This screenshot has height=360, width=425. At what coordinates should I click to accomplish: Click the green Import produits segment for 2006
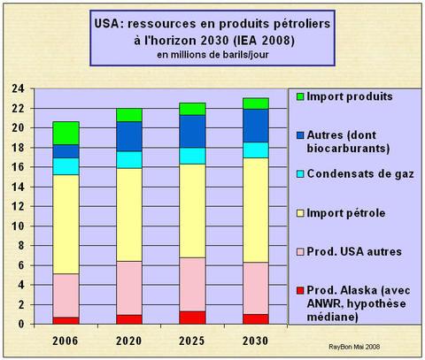click(x=66, y=134)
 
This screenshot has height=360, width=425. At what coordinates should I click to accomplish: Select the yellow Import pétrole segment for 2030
click(x=256, y=211)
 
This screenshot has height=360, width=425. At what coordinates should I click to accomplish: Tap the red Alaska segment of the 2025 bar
click(x=192, y=318)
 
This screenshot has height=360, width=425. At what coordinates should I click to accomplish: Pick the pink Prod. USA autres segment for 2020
click(x=129, y=288)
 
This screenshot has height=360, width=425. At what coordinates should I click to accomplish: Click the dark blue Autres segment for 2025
click(x=192, y=132)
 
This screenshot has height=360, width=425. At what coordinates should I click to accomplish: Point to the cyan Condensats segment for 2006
click(x=66, y=166)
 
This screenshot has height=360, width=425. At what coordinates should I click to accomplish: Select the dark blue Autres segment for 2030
click(x=256, y=126)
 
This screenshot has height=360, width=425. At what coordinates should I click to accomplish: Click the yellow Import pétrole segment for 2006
click(x=66, y=225)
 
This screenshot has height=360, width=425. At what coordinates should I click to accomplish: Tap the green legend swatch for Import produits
click(x=300, y=96)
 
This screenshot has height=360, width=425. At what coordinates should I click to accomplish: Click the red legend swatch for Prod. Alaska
click(x=300, y=291)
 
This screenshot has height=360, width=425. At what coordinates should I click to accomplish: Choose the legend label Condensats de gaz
click(x=360, y=174)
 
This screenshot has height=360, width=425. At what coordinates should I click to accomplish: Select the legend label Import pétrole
click(x=346, y=213)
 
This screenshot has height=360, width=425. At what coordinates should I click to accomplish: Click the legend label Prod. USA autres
click(x=354, y=251)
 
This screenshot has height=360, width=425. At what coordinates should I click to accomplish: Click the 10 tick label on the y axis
click(x=19, y=226)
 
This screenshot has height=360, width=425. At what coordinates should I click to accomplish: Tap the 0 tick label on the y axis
click(x=21, y=324)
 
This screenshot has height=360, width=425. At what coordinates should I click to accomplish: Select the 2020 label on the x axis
click(x=129, y=341)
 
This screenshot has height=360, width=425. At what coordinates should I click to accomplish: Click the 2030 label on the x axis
click(x=256, y=341)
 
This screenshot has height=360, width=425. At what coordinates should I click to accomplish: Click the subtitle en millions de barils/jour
click(x=212, y=55)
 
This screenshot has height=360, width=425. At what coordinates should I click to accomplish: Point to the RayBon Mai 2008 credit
click(x=354, y=347)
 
